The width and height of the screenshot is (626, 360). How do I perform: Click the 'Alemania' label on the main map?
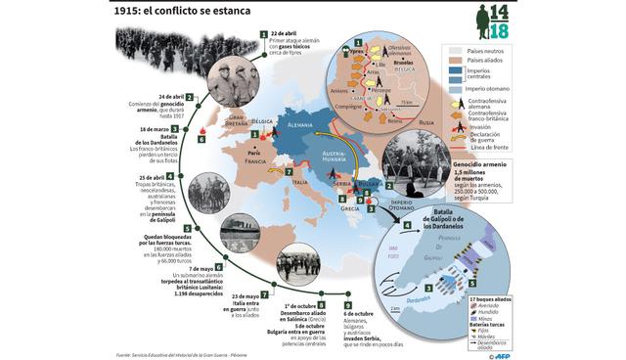coord(301,124)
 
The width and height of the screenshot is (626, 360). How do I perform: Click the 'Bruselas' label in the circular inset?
coord(402,58)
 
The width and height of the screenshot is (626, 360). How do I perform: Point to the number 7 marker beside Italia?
coord(289,172)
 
